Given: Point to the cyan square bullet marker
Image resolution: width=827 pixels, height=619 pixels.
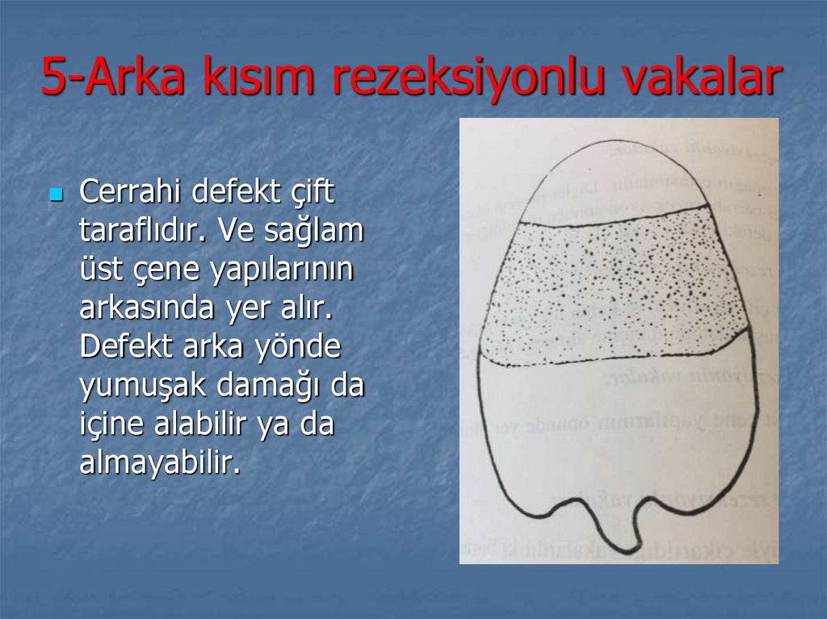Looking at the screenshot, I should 56,195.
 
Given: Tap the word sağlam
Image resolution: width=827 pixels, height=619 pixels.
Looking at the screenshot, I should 312,232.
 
